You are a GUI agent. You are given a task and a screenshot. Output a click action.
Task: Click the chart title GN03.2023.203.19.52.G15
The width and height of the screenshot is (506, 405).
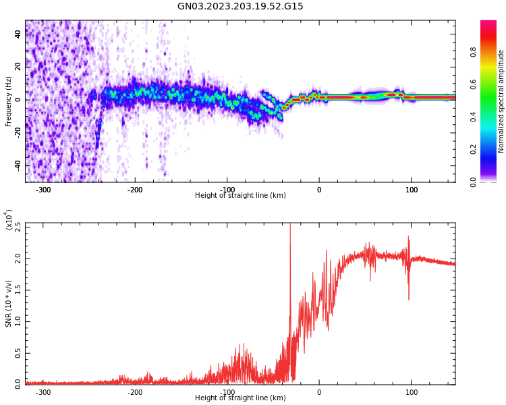coord(240,7)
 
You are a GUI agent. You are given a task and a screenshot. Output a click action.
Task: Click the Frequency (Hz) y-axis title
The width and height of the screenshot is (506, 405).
coord(9,101)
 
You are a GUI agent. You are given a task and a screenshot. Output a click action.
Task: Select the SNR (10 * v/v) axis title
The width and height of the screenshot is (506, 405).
coord(9,304)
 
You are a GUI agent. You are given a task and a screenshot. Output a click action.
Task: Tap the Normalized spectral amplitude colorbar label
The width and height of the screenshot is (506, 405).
coord(501,101)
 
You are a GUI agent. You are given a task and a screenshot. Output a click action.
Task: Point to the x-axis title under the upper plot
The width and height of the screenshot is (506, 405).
coord(240,196)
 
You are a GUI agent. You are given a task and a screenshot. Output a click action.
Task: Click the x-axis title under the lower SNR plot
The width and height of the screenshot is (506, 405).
coord(240,398)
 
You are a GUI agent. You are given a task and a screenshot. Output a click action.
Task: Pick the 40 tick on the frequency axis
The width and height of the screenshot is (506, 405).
coord(18,34)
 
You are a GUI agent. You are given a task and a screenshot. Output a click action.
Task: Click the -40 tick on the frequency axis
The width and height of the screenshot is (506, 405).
coord(16,165)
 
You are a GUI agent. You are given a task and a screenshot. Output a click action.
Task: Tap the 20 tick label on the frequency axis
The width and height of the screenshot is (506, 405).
coord(18,67)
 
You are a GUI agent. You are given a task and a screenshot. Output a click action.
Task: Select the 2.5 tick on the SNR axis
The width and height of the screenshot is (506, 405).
coord(18,227)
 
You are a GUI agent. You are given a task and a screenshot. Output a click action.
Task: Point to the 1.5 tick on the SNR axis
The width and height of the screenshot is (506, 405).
coord(18,290)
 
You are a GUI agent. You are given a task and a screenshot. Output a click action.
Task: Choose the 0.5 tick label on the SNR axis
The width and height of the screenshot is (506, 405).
coord(18,352)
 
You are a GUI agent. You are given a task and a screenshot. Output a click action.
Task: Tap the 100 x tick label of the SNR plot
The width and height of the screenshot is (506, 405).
coord(411,392)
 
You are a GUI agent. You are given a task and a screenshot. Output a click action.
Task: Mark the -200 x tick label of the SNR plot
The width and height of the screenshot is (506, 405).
coord(135,392)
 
